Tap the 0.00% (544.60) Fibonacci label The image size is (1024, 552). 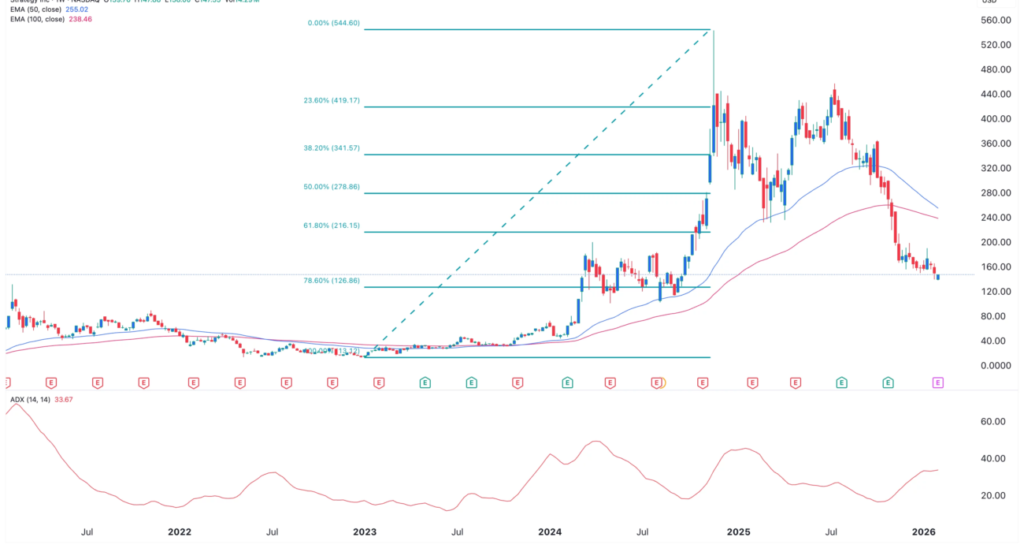coord(333,24)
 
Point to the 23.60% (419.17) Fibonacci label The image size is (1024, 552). coord(332,101)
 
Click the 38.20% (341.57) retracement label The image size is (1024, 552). coord(332,148)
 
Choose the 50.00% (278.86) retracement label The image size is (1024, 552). coord(332,188)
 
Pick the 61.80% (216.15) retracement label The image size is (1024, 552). coord(332,226)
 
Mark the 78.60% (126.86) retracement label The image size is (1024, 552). coord(332,281)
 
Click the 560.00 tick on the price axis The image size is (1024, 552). coord(996,21)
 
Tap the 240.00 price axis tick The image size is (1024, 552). coord(996,218)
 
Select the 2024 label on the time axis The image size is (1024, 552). coord(549,532)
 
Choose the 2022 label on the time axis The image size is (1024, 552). coord(180,532)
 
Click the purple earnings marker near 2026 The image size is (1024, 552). coord(938,382)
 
